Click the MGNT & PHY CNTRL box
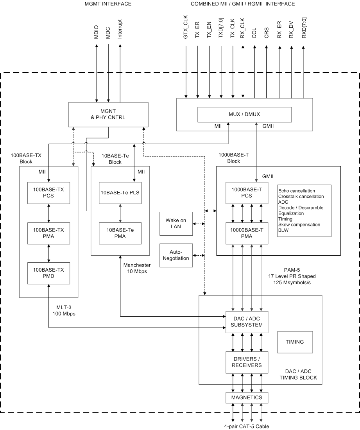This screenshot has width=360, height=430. (x=108, y=114)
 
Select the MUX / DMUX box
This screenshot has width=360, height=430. (x=244, y=114)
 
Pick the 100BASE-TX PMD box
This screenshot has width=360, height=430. (x=48, y=273)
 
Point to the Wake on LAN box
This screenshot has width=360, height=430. (x=176, y=224)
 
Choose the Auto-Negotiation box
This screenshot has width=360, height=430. (x=176, y=255)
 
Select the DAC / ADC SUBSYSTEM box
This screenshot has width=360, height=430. (x=247, y=321)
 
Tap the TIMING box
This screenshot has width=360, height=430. (x=295, y=342)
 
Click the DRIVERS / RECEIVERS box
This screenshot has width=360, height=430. (x=247, y=362)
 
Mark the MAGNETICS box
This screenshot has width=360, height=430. (x=247, y=398)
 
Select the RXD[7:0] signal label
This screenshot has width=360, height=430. (x=303, y=29)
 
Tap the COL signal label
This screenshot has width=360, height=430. (x=254, y=34)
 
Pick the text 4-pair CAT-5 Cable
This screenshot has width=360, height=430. (x=246, y=426)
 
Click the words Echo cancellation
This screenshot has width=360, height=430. (x=297, y=191)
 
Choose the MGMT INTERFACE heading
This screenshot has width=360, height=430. (x=108, y=4)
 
